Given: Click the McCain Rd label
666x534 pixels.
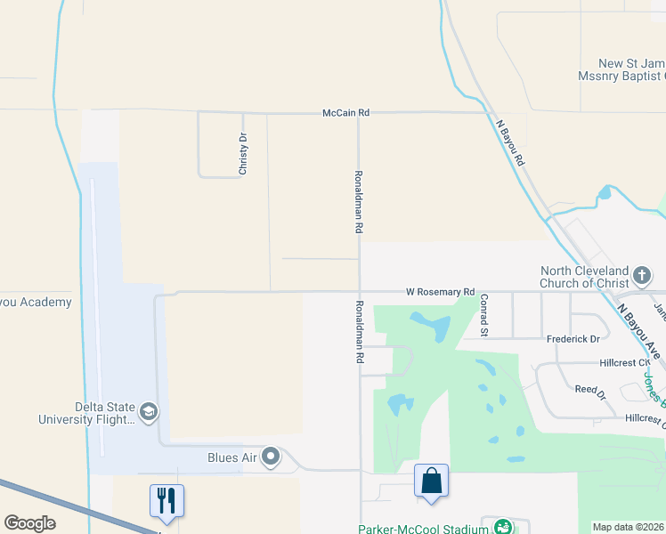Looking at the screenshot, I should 345,113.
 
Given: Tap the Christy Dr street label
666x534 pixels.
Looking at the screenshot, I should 242,152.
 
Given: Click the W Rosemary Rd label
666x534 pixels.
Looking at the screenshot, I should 440,291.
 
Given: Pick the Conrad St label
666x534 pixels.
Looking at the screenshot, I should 484,317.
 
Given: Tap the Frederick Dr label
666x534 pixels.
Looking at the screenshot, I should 574,339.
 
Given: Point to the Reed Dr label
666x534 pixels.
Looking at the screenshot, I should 589,390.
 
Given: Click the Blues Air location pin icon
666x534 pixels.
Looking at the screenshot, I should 272,457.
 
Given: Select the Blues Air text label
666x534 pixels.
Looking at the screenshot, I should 232,457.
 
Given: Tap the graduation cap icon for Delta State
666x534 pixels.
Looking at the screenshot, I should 148,411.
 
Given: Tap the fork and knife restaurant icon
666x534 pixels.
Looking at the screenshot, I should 166,500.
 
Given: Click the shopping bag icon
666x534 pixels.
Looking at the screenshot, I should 431,481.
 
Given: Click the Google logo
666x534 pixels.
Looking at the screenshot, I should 29,523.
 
